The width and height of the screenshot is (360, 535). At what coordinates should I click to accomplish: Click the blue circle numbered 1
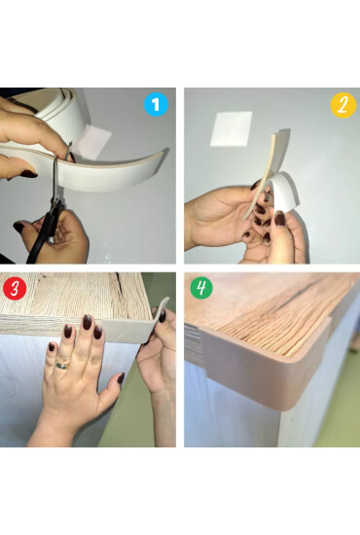[x=156, y=104]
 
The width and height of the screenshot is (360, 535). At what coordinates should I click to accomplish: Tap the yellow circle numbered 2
[x=342, y=105]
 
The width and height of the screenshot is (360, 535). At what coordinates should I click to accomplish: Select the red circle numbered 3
[x=15, y=288]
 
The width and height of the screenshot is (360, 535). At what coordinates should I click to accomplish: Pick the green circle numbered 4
[x=201, y=288]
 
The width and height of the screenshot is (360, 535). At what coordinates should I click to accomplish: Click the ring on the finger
[x=62, y=366]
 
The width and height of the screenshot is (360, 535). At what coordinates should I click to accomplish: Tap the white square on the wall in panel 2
[x=231, y=129]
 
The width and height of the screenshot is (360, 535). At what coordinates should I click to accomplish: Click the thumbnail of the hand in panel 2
[x=280, y=218]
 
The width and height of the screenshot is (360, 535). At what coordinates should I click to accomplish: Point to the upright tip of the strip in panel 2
[x=275, y=134]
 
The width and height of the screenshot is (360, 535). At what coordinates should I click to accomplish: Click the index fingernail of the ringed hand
[x=88, y=322]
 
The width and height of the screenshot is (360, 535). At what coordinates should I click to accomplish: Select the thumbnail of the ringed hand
[x=121, y=378]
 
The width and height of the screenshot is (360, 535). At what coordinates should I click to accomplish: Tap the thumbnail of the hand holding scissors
[x=18, y=227]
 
